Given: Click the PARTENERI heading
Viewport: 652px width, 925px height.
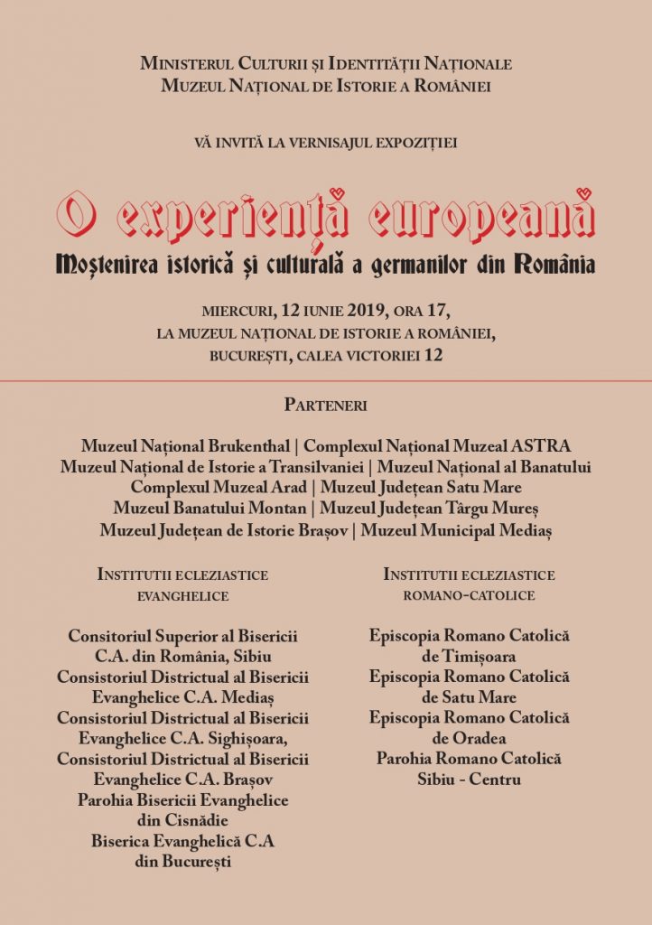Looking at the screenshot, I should tap(326, 405).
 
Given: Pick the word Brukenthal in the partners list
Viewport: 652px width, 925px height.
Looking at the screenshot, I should tap(246, 446).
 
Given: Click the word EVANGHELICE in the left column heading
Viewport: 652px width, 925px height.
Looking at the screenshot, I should tap(182, 596).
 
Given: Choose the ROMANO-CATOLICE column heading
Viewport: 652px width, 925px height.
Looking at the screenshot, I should tap(469, 596).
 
